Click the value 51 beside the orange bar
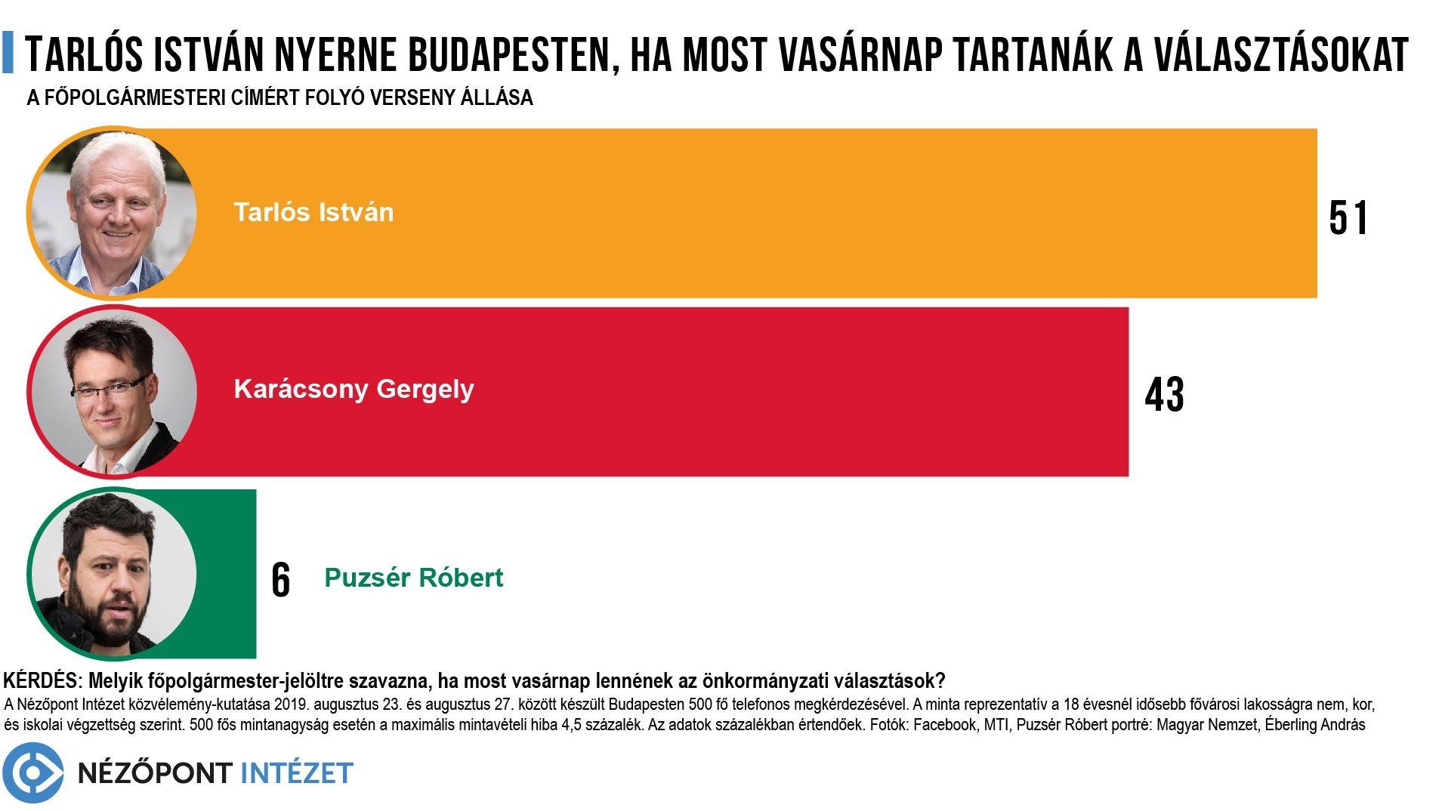(x=1348, y=218)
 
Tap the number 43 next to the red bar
(x=1164, y=395)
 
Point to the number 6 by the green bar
(x=280, y=581)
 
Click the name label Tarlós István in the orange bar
(x=313, y=212)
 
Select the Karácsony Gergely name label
(x=354, y=390)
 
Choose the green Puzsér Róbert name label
(x=413, y=578)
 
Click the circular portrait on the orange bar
(x=113, y=213)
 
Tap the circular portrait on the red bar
(x=113, y=391)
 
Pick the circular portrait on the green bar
(x=113, y=573)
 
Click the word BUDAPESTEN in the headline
(x=514, y=54)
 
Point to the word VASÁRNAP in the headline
(x=864, y=54)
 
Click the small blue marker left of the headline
(x=8, y=52)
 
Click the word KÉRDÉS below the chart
(x=42, y=680)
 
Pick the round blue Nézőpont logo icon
(x=32, y=772)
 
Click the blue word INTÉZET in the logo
(x=296, y=772)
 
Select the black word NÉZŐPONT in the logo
(x=155, y=772)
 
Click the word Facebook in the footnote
(x=945, y=725)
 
